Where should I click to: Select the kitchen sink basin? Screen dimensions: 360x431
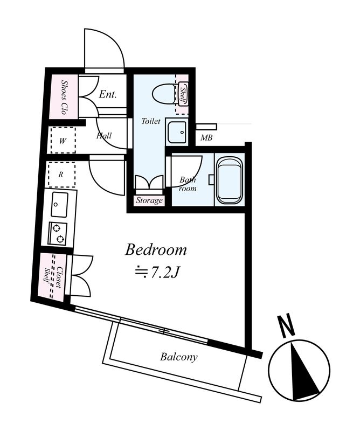pyautogui.click(x=59, y=205)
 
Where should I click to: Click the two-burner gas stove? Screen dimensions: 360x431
pyautogui.click(x=58, y=233)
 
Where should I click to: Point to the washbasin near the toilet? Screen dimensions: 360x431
pyautogui.click(x=177, y=132)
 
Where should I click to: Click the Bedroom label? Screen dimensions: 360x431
pyautogui.click(x=156, y=250)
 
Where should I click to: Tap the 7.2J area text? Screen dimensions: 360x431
pyautogui.click(x=157, y=273)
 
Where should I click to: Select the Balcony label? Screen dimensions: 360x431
pyautogui.click(x=179, y=357)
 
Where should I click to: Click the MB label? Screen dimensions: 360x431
pyautogui.click(x=206, y=137)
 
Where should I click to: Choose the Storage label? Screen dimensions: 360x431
pyautogui.click(x=149, y=200)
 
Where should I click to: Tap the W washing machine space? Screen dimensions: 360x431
pyautogui.click(x=63, y=141)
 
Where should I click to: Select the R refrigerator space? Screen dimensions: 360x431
pyautogui.click(x=61, y=175)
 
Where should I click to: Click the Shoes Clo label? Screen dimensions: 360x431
pyautogui.click(x=64, y=97)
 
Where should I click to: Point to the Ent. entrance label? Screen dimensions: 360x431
pyautogui.click(x=108, y=95)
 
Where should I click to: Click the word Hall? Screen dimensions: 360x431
pyautogui.click(x=104, y=136)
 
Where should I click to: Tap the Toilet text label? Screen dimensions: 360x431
pyautogui.click(x=151, y=121)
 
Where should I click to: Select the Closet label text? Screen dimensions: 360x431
pyautogui.click(x=58, y=277)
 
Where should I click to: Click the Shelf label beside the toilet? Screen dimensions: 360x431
pyautogui.click(x=183, y=94)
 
